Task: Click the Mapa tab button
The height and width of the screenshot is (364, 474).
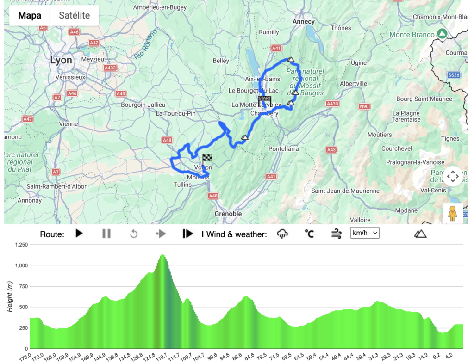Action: coord(30,15)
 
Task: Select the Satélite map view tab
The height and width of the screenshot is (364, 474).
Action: coord(75,15)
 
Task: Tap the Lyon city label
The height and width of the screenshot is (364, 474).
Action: coord(61,61)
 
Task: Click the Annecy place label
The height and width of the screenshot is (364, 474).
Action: coord(304,22)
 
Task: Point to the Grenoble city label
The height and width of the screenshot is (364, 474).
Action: coord(228,214)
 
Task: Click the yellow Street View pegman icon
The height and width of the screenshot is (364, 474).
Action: coord(452,214)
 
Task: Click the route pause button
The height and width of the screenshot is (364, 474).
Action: coord(106,234)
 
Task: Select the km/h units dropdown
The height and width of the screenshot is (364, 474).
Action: coord(365,233)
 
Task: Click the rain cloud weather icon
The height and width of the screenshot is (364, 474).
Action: coord(282,234)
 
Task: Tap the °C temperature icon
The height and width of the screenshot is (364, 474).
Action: coord(309,234)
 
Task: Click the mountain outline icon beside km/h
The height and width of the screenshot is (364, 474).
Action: coord(420,234)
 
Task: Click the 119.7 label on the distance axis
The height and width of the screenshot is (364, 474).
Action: coord(161,357)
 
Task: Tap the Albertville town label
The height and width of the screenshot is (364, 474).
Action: coord(353,83)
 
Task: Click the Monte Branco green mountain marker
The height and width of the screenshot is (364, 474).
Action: coord(442,34)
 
